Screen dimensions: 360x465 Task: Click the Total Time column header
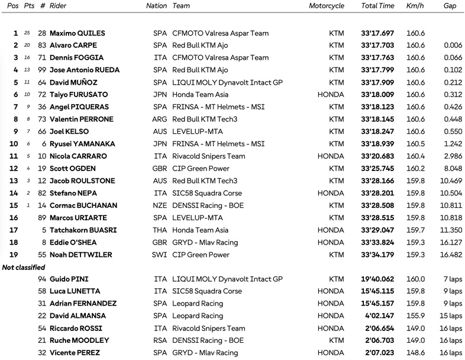(377, 5)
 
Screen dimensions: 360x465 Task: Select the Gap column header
(449, 5)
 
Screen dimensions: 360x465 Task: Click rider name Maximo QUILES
(74, 33)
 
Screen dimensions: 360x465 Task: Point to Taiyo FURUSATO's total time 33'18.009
(378, 94)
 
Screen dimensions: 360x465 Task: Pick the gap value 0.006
(454, 45)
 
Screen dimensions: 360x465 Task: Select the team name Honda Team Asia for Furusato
(199, 94)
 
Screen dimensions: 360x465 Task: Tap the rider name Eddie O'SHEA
(73, 242)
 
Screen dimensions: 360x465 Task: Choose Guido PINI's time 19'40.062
(378, 279)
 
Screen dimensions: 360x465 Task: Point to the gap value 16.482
(451, 255)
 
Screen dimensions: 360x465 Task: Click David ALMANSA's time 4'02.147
(380, 316)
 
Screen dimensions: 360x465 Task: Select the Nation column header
(156, 5)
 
